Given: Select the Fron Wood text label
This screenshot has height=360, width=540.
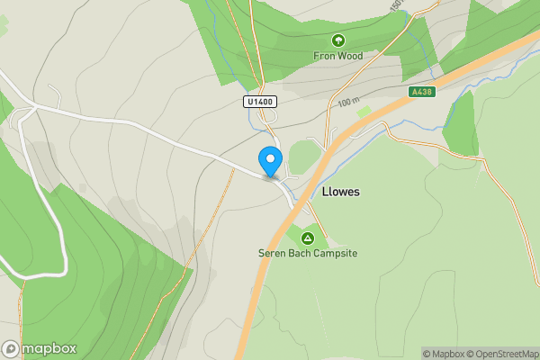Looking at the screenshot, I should [x=337, y=55].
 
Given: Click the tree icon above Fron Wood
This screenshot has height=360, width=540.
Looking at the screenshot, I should [x=337, y=40].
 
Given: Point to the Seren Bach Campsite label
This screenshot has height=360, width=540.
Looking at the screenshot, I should [x=308, y=254].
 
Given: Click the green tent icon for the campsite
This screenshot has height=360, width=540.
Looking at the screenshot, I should [x=308, y=238].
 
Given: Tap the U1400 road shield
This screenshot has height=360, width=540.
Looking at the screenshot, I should [x=259, y=103].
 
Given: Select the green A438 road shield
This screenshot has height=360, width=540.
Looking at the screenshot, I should [x=419, y=92].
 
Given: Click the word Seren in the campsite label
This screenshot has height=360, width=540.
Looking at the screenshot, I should [x=272, y=254].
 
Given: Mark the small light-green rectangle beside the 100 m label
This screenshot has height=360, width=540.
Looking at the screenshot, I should [x=364, y=112].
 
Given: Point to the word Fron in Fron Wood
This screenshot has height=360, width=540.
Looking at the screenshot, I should [x=323, y=55].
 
